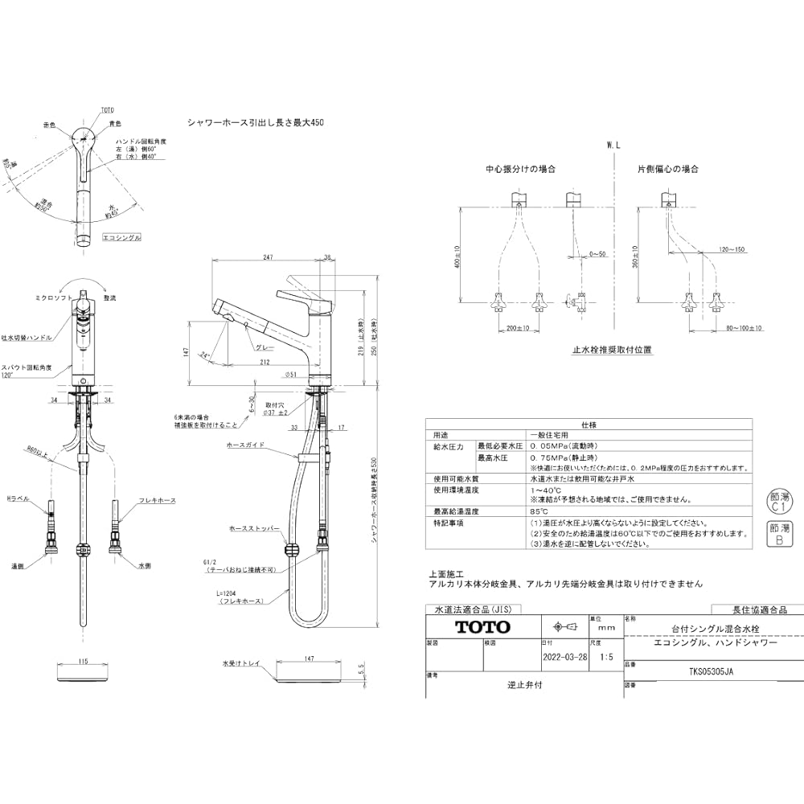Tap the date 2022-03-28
pos(564,656)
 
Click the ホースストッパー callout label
pos(254,530)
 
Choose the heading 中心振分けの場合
pos(520,170)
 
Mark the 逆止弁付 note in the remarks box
pos(524,685)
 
